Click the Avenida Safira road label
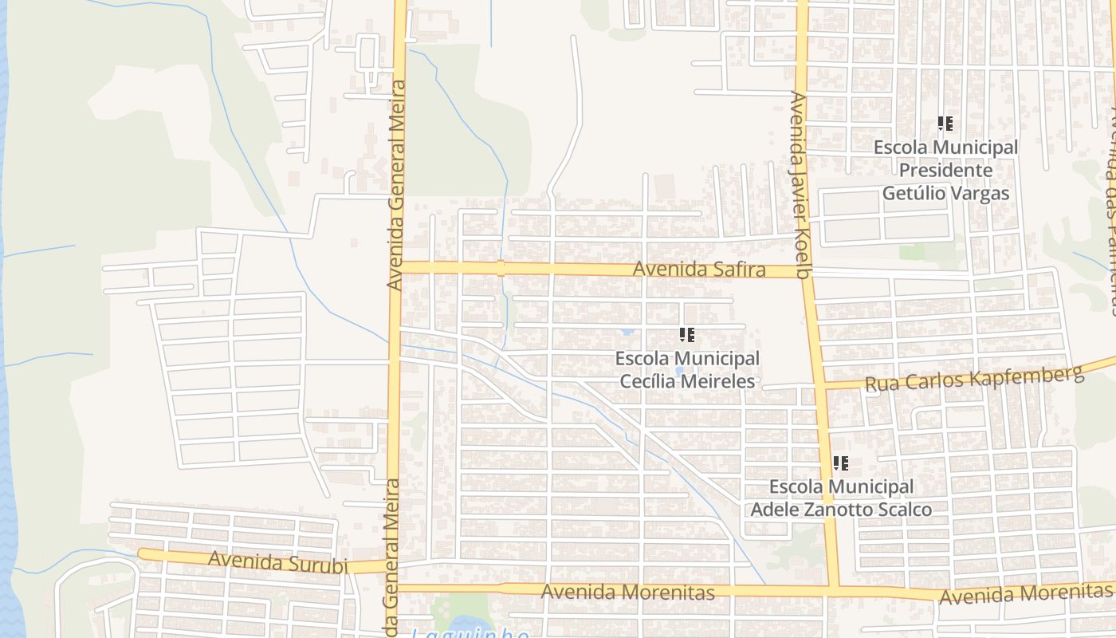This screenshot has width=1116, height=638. tap(699, 270)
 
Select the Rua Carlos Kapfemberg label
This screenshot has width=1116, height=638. tap(974, 378)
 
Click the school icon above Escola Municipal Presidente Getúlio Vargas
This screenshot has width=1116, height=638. tap(945, 124)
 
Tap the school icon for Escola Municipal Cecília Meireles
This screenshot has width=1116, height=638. tap(687, 335)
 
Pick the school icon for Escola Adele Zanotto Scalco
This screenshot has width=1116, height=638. tap(840, 463)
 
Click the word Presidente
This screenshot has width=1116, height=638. tap(945, 170)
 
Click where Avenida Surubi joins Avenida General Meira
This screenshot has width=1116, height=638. tap(393, 565)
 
